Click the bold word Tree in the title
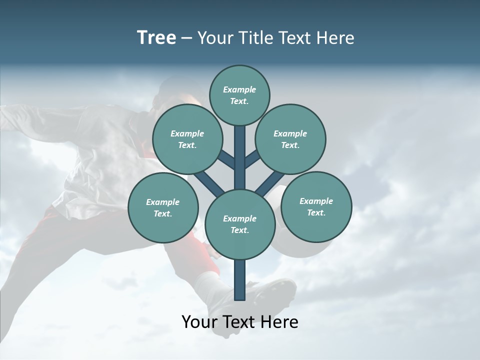click(156, 38)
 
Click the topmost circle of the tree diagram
click(239, 95)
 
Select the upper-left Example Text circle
click(187, 139)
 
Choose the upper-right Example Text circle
click(290, 139)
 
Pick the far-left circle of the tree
click(163, 208)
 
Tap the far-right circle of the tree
click(316, 207)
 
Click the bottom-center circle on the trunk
click(240, 224)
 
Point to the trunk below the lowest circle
click(240, 280)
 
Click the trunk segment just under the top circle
click(240, 145)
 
